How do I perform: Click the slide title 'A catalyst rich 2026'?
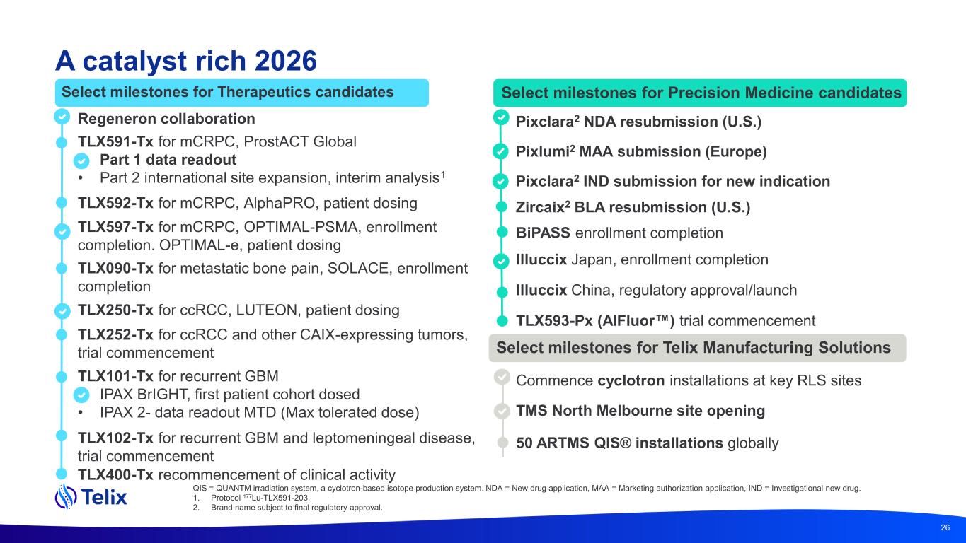click(x=186, y=61)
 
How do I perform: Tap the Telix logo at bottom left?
click(x=91, y=496)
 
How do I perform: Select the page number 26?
click(x=945, y=527)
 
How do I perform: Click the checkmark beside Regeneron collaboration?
click(x=62, y=117)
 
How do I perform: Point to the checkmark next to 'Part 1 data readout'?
click(x=81, y=160)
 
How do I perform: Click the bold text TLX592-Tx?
click(x=115, y=203)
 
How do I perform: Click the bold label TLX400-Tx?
click(x=115, y=474)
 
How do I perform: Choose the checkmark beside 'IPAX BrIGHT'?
click(x=81, y=395)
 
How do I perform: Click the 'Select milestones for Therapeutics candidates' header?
click(x=241, y=93)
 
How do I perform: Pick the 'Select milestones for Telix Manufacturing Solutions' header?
click(x=697, y=348)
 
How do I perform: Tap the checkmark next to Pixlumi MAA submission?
click(x=500, y=151)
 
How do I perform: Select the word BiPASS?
click(x=543, y=233)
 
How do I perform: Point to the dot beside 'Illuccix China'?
click(x=502, y=292)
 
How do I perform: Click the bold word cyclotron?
click(x=631, y=380)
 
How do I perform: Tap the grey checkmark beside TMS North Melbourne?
click(x=502, y=411)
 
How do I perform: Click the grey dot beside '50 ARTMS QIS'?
click(x=502, y=442)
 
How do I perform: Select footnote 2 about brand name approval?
click(x=287, y=507)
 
